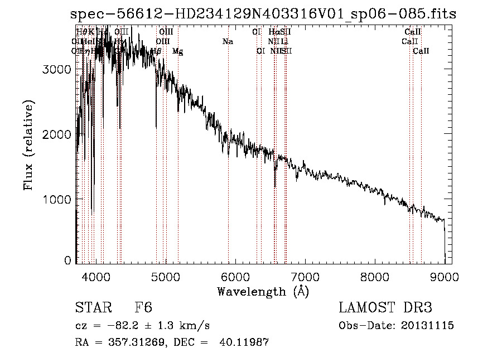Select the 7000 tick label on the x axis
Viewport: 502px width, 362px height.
[x=305, y=277]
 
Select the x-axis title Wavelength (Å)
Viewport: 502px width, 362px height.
[x=263, y=292]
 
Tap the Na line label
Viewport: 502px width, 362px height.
[x=228, y=42]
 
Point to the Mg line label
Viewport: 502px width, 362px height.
[x=177, y=51]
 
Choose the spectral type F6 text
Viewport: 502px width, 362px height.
[x=144, y=308]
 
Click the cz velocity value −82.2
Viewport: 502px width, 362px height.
[x=118, y=326]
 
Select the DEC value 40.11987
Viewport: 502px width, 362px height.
[x=245, y=342]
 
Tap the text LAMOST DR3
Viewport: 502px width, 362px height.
[x=385, y=308]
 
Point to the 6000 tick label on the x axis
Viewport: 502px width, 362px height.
[x=235, y=277]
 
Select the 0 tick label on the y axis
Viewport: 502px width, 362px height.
[x=68, y=260]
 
